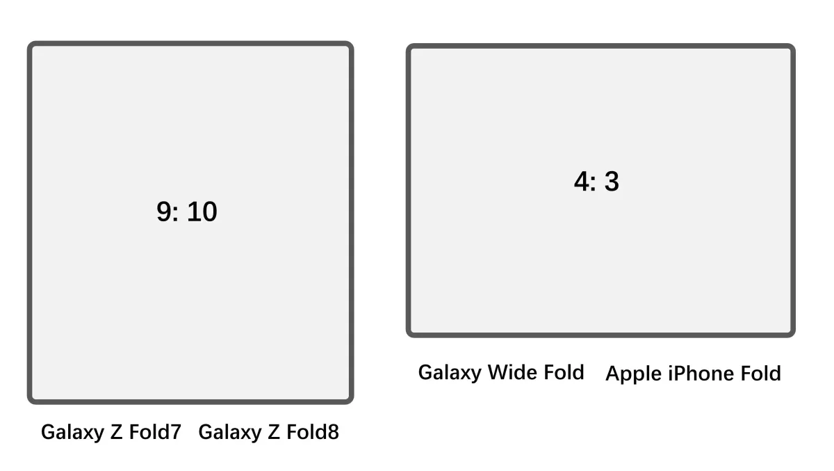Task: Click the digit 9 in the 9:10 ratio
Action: [x=164, y=211]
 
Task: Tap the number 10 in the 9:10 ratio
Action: [x=202, y=211]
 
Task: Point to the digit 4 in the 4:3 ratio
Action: [x=582, y=182]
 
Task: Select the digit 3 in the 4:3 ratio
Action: [x=612, y=182]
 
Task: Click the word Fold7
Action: [x=155, y=432]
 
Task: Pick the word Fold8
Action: [x=313, y=432]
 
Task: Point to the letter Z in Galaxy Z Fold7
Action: [x=116, y=432]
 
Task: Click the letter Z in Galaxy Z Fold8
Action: [x=274, y=432]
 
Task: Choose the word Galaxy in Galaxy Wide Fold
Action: [x=450, y=373]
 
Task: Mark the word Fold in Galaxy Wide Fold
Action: [x=564, y=372]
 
